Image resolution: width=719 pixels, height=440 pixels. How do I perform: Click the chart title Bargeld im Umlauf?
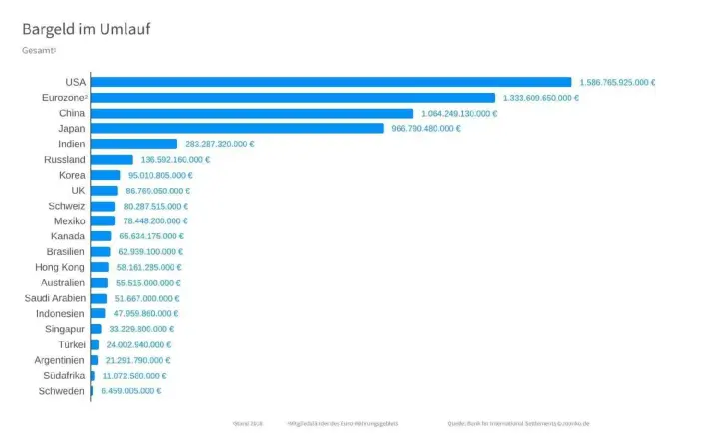(88, 29)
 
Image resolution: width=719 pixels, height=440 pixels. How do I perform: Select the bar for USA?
(331, 82)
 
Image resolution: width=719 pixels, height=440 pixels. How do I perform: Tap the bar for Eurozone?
(293, 98)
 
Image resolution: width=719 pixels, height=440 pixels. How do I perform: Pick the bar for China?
(252, 113)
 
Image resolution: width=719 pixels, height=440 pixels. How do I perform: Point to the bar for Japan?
(238, 129)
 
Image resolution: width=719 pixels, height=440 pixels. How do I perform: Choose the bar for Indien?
(134, 144)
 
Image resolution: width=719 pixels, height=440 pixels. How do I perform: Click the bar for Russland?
(112, 160)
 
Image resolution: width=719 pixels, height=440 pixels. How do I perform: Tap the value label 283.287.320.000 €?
(219, 144)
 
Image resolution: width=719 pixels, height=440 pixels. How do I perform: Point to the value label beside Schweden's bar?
(131, 391)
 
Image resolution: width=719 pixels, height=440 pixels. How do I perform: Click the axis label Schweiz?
(67, 206)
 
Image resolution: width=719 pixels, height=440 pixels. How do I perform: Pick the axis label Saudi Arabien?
(55, 298)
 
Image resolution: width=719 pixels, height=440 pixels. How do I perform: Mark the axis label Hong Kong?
(61, 267)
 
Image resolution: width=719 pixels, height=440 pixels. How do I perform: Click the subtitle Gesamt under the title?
(39, 50)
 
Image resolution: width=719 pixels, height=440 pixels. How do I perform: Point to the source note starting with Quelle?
(518, 423)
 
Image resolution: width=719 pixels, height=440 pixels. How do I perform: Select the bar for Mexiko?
(103, 221)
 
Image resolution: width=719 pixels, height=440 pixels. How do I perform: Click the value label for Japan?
(426, 129)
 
